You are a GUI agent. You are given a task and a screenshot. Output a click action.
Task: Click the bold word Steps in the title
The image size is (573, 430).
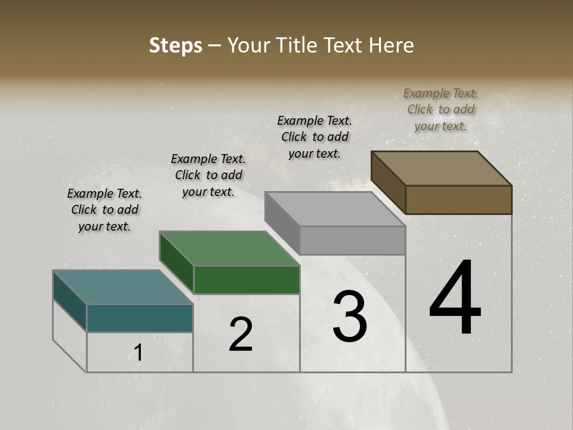175,45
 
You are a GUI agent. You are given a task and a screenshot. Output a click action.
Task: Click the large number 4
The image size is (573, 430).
455,299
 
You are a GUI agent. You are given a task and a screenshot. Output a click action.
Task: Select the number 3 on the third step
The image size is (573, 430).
350,317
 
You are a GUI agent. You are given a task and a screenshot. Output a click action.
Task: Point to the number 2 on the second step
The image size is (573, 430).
241,334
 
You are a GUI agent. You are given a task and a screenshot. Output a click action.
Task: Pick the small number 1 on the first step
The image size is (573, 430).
138,353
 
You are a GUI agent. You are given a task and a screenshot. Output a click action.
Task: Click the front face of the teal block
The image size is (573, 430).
140,318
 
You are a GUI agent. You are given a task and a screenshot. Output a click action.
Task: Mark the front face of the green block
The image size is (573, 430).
247,279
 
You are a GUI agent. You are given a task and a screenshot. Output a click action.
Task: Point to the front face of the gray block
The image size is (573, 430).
352,241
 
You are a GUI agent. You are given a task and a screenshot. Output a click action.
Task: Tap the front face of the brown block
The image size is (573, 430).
458,199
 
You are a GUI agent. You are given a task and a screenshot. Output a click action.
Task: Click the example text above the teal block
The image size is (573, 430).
104,210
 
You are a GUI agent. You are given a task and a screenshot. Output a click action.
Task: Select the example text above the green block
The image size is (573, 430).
208,175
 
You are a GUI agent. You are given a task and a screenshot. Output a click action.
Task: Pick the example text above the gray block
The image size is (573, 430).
315,137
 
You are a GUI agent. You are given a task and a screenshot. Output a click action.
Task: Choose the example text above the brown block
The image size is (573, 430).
440,109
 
